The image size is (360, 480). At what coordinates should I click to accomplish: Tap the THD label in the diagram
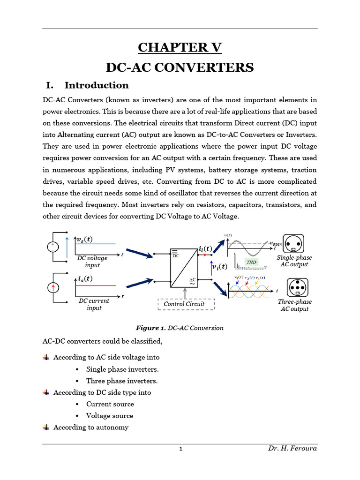(252, 262)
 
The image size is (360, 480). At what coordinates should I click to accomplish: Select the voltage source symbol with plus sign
(52, 247)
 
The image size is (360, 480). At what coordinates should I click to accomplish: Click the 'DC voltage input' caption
(92, 262)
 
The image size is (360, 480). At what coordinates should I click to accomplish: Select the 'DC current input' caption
(94, 304)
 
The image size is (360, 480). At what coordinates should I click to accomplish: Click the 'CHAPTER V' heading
(180, 47)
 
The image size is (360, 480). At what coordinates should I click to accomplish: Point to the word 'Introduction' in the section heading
(97, 85)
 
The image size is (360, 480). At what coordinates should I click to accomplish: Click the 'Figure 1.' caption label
(150, 328)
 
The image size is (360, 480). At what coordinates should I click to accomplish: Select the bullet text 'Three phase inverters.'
(122, 381)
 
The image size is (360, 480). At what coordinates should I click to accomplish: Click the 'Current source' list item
(110, 404)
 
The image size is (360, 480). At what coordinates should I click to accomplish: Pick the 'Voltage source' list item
(110, 416)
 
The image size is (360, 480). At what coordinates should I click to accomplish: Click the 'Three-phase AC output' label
(295, 306)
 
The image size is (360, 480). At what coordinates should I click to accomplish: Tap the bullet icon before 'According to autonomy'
(46, 427)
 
